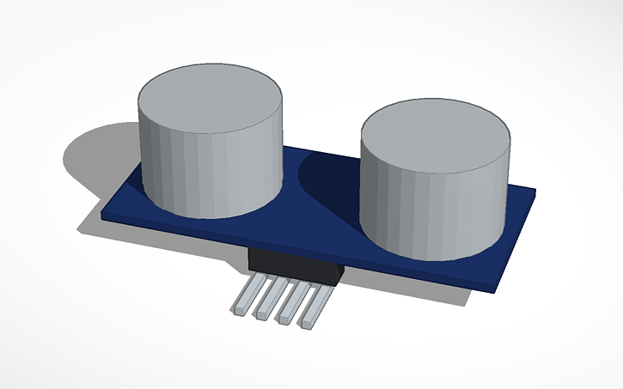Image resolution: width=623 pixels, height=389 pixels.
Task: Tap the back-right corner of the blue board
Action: click(534, 191)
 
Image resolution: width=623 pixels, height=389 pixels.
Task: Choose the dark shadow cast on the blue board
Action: click(331, 185)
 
